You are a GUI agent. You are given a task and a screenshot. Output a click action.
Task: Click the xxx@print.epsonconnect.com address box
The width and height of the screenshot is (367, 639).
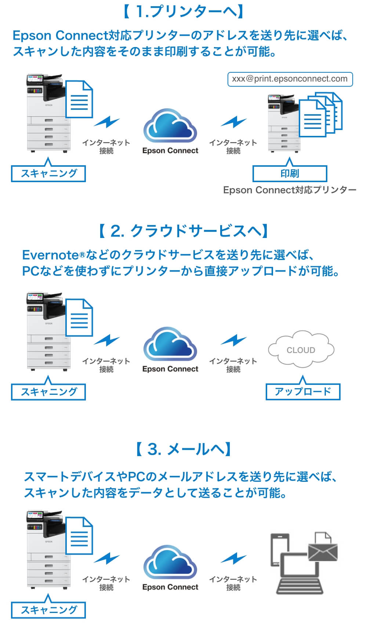pyautogui.click(x=290, y=79)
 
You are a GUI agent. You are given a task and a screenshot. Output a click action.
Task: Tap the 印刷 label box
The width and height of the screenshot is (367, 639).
pyautogui.click(x=290, y=173)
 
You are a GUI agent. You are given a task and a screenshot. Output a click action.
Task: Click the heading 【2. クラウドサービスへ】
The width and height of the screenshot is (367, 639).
pyautogui.click(x=183, y=231)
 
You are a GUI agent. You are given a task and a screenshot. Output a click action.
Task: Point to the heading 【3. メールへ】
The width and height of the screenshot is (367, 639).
pyautogui.click(x=183, y=449)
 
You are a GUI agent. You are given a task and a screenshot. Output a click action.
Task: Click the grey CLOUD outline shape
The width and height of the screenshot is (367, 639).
pyautogui.click(x=301, y=350)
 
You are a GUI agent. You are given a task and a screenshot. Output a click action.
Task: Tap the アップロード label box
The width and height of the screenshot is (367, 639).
pyautogui.click(x=303, y=391)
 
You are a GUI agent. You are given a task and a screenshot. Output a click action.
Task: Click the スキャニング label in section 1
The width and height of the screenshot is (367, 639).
pyautogui.click(x=48, y=173)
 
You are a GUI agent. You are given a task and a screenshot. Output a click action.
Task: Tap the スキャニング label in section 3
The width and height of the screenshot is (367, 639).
pyautogui.click(x=48, y=610)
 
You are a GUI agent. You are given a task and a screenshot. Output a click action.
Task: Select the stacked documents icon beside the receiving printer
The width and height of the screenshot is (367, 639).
pyautogui.click(x=320, y=115)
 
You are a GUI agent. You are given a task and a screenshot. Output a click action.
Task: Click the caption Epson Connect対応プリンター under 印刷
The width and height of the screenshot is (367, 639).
pyautogui.click(x=290, y=190)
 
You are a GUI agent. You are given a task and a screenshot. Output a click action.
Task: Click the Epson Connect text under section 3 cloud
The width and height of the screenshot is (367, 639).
pyautogui.click(x=170, y=587)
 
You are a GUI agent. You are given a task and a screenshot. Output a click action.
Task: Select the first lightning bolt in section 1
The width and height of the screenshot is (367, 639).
pyautogui.click(x=106, y=122)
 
